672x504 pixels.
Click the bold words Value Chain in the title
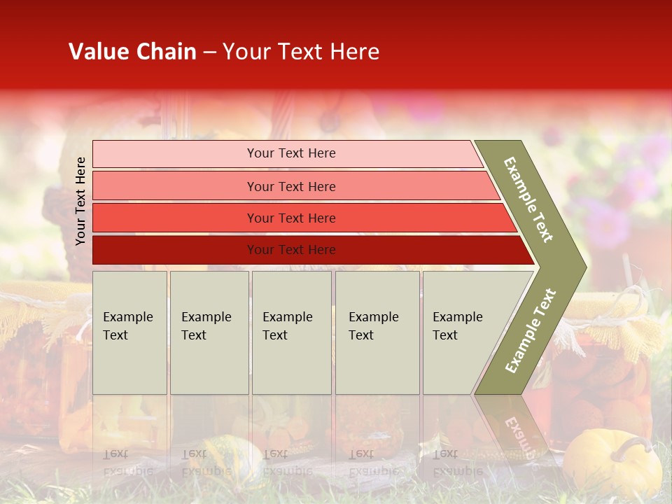(132, 52)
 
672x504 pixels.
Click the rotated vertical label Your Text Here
(80, 201)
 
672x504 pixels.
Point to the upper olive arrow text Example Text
(528, 199)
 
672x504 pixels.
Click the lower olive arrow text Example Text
(531, 330)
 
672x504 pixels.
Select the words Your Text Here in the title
(301, 52)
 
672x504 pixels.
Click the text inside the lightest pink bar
(291, 153)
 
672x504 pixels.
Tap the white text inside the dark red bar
(291, 250)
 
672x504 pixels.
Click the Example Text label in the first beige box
(127, 326)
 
